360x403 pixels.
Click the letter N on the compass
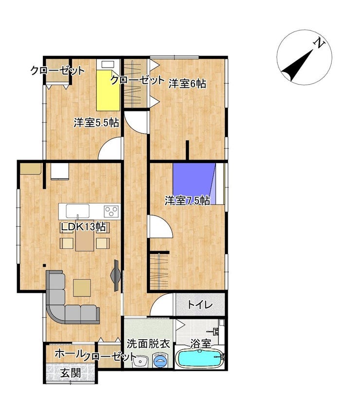point(320,43)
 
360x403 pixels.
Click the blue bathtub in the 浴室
point(199,359)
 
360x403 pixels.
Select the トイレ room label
point(200,305)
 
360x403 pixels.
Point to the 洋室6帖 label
point(187,84)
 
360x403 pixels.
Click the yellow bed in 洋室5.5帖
point(108,91)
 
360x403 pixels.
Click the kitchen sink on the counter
point(78,211)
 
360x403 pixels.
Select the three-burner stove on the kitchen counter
point(112,211)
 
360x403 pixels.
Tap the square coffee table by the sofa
point(82,288)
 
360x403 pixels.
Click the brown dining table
point(85,240)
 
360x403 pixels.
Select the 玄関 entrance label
point(71,373)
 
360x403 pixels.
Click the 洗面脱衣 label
point(148,344)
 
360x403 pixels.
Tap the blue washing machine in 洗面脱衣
point(161,360)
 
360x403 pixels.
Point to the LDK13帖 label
point(83,227)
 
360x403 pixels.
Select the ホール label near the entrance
point(70,354)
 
